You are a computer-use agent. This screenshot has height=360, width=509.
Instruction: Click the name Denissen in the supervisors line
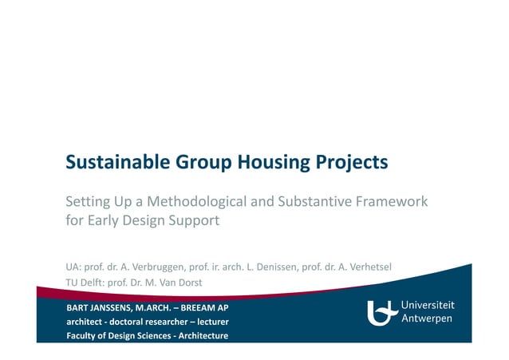click(x=274, y=266)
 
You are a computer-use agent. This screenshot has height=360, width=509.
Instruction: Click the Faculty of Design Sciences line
click(x=148, y=335)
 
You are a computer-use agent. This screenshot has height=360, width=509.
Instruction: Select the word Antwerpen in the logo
click(x=426, y=319)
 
